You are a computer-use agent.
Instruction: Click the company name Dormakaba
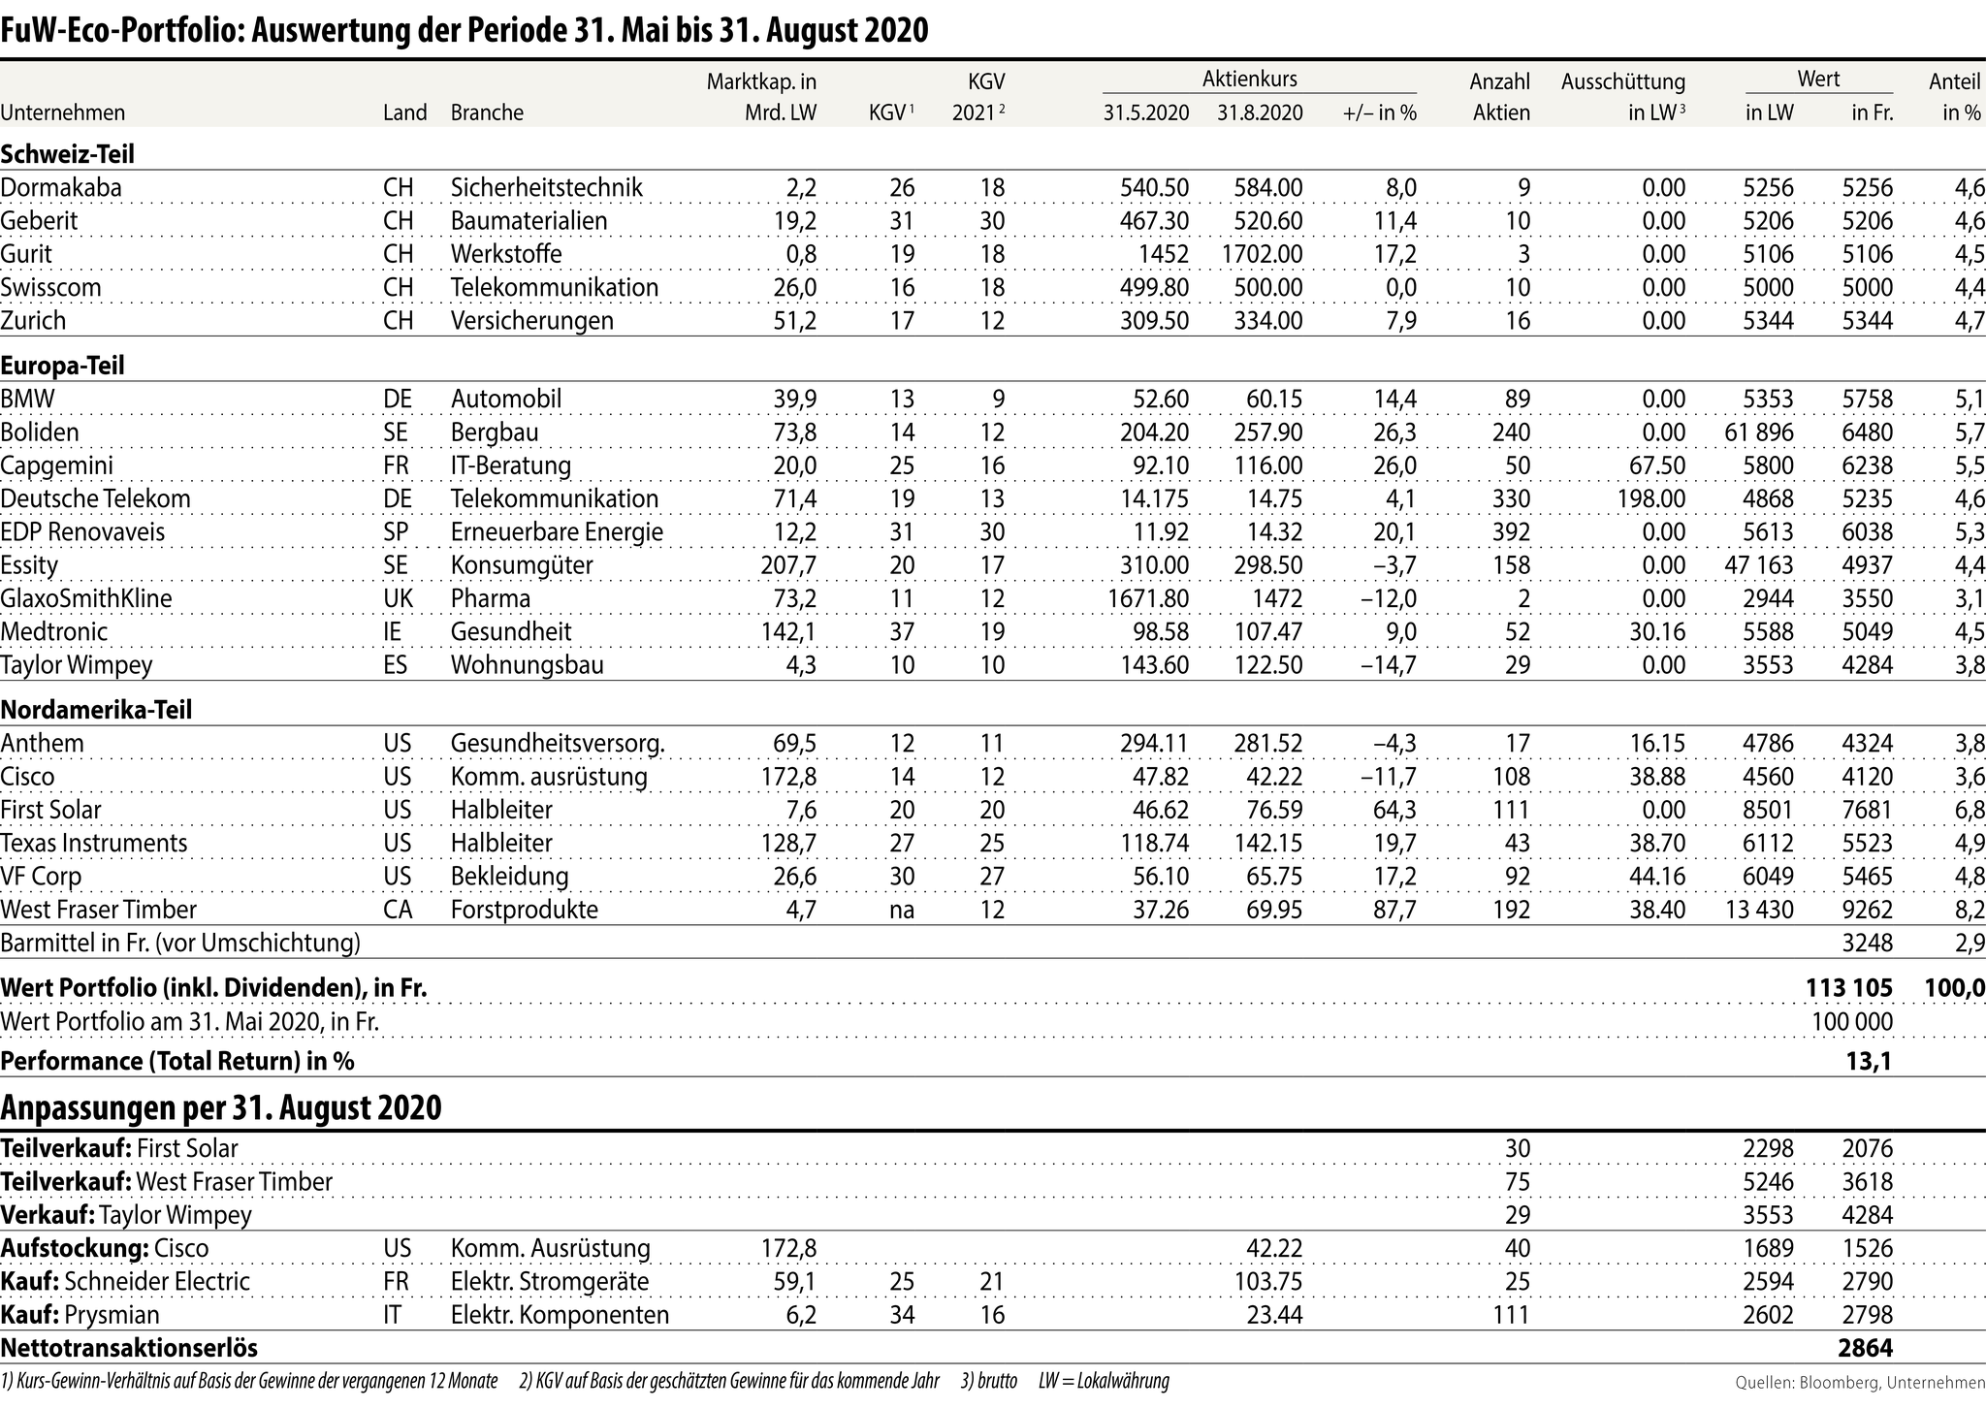pos(61,187)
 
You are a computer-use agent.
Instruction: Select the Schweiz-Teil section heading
pos(68,153)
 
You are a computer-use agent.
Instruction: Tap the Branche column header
pos(487,112)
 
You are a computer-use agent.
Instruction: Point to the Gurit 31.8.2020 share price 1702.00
pos(1260,254)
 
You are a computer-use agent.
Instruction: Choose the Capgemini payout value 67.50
pos(1657,465)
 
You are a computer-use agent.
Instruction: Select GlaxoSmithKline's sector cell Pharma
pos(491,598)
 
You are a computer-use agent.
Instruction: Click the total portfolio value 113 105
pos(1848,987)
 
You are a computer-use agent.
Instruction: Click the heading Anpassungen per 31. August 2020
pos(221,1106)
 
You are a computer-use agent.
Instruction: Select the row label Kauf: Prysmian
pos(80,1315)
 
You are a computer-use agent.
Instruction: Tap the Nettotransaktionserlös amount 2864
pos(1865,1348)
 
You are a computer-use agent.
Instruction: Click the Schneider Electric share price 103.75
pos(1267,1281)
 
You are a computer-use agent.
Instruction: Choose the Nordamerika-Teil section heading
pos(96,710)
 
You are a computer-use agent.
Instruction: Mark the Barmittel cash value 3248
pos(1867,943)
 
